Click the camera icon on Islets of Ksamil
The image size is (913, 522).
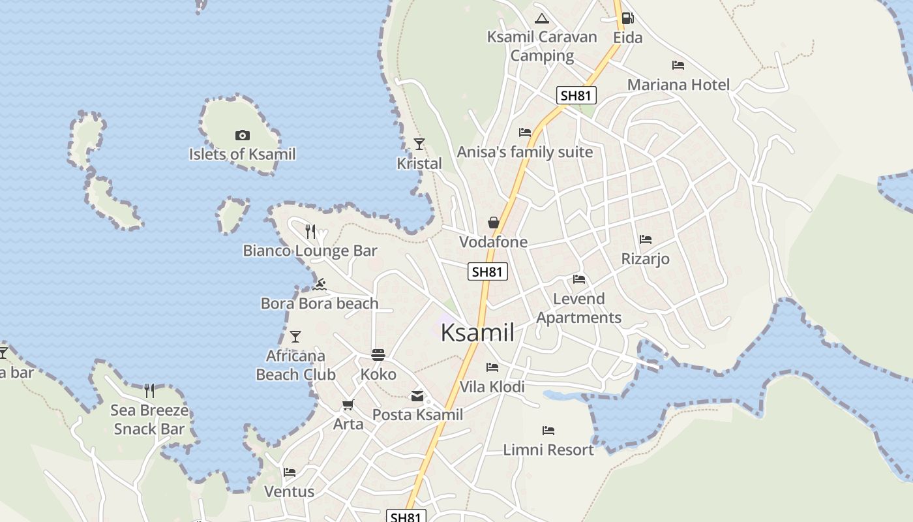pyautogui.click(x=243, y=135)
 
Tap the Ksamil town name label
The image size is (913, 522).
pyautogui.click(x=477, y=333)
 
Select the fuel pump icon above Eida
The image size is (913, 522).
pyautogui.click(x=627, y=18)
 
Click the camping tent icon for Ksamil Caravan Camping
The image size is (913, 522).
pyautogui.click(x=541, y=18)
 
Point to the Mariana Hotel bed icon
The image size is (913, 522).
pyautogui.click(x=678, y=65)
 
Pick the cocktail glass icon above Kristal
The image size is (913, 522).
pyautogui.click(x=419, y=144)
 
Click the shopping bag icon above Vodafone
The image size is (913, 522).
pyautogui.click(x=494, y=223)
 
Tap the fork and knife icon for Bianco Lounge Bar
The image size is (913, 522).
pyautogui.click(x=310, y=231)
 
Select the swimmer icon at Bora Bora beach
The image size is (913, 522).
pyautogui.click(x=320, y=284)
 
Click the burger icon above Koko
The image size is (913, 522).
pyautogui.click(x=378, y=354)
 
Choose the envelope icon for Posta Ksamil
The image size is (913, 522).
pyautogui.click(x=417, y=395)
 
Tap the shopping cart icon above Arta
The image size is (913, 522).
pyautogui.click(x=348, y=405)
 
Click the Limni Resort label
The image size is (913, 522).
pyautogui.click(x=548, y=450)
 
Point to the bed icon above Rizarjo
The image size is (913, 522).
pyautogui.click(x=646, y=239)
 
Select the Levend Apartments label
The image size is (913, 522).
pyautogui.click(x=578, y=308)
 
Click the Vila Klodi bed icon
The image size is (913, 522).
pyautogui.click(x=492, y=367)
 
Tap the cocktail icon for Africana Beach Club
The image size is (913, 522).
pyautogui.click(x=295, y=337)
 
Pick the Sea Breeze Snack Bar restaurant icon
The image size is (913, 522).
pyautogui.click(x=149, y=391)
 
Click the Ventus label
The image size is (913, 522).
pyautogui.click(x=289, y=491)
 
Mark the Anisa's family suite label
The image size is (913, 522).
pyautogui.click(x=525, y=152)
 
